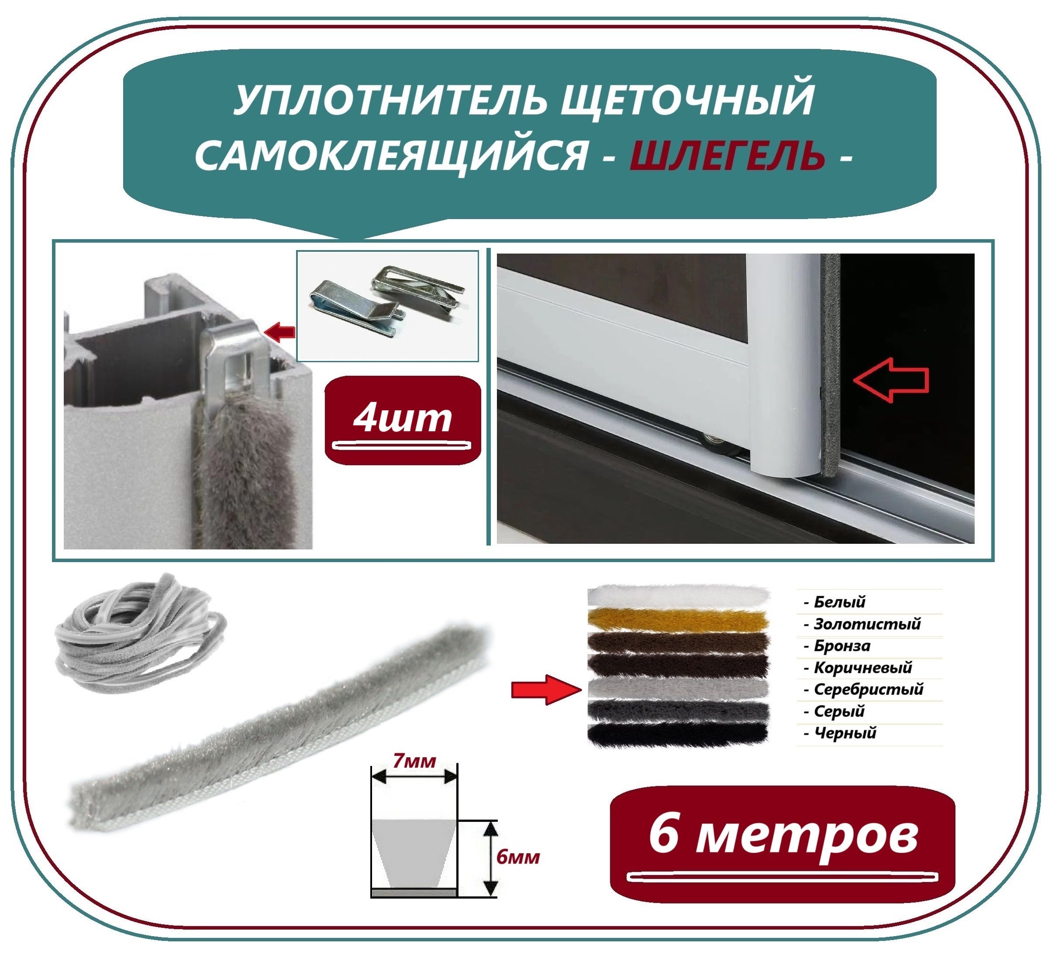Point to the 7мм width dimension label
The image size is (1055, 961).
414,762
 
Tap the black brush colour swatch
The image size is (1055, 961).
678,734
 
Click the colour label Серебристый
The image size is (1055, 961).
868,689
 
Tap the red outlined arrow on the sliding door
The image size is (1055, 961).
891,380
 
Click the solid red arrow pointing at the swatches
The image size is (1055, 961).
546,690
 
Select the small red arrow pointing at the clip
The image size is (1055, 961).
280,331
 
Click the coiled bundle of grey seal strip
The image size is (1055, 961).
141,632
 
